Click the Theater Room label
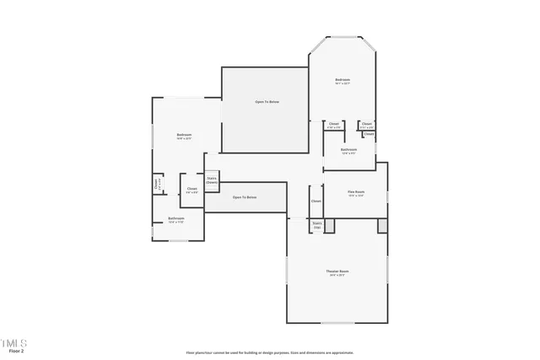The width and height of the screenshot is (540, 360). (337, 271)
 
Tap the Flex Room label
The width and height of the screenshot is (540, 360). (355, 191)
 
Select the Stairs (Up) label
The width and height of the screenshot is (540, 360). (317, 224)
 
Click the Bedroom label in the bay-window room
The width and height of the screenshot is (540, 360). (343, 79)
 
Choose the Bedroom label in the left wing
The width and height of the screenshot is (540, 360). (184, 135)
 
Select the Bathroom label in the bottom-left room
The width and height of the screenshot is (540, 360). (175, 218)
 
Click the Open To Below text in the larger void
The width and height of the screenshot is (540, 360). (267, 102)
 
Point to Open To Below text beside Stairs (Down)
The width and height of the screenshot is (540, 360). (245, 197)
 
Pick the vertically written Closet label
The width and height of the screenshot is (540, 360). (157, 183)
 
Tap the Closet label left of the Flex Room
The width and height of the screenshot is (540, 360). (316, 201)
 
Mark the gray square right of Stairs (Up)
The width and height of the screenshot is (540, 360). (329, 225)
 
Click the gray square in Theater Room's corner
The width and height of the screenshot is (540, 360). (382, 225)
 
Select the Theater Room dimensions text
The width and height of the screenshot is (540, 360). (337, 275)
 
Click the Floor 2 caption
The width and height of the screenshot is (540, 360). (16, 350)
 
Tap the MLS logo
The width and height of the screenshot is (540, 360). (14, 342)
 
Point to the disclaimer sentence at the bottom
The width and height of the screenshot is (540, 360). (270, 352)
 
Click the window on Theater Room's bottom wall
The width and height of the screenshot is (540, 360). (337, 323)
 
